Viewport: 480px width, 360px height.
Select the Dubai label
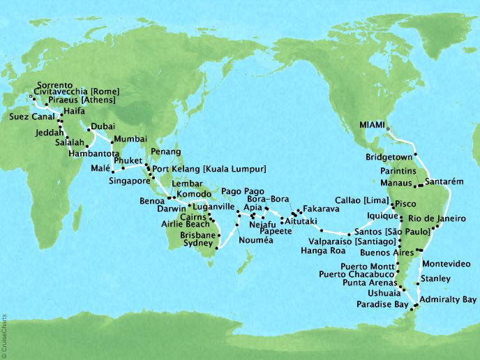point(103,126)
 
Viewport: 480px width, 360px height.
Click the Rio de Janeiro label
point(443,218)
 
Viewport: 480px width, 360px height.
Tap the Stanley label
point(433,279)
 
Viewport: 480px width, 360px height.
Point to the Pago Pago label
point(241,190)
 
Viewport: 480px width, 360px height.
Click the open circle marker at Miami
point(388,128)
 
